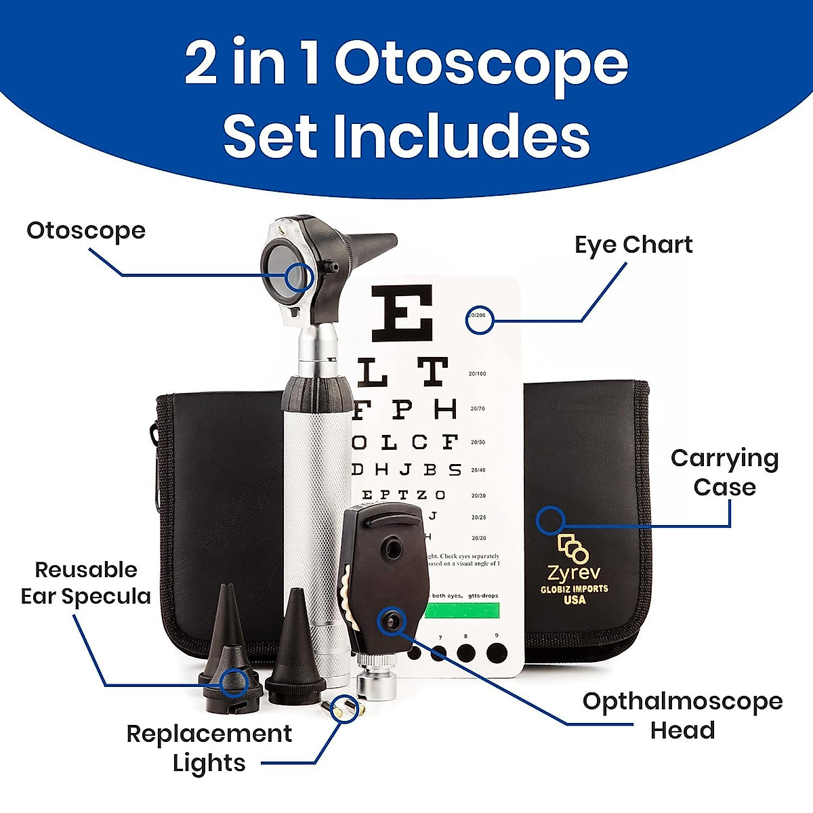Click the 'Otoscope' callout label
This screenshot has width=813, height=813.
(x=86, y=231)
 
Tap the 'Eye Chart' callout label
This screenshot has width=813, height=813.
(x=633, y=245)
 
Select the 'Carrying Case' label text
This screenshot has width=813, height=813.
(x=724, y=473)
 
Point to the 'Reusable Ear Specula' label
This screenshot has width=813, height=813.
(x=86, y=583)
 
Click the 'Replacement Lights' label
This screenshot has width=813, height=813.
(x=209, y=748)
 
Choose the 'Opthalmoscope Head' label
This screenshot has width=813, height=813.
(x=682, y=715)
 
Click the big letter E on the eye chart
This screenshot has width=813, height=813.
(x=402, y=313)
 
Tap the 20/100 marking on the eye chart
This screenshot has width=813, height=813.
(x=477, y=374)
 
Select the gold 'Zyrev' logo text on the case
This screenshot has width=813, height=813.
(x=574, y=573)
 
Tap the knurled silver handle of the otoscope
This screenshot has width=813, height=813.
(x=316, y=515)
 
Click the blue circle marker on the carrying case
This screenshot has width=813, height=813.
(x=550, y=520)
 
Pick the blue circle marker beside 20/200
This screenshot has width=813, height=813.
(x=480, y=320)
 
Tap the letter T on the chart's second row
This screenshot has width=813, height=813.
(x=432, y=372)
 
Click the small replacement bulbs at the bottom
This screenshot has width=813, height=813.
(x=342, y=707)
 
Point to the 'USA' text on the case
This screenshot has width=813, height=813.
(x=574, y=600)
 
